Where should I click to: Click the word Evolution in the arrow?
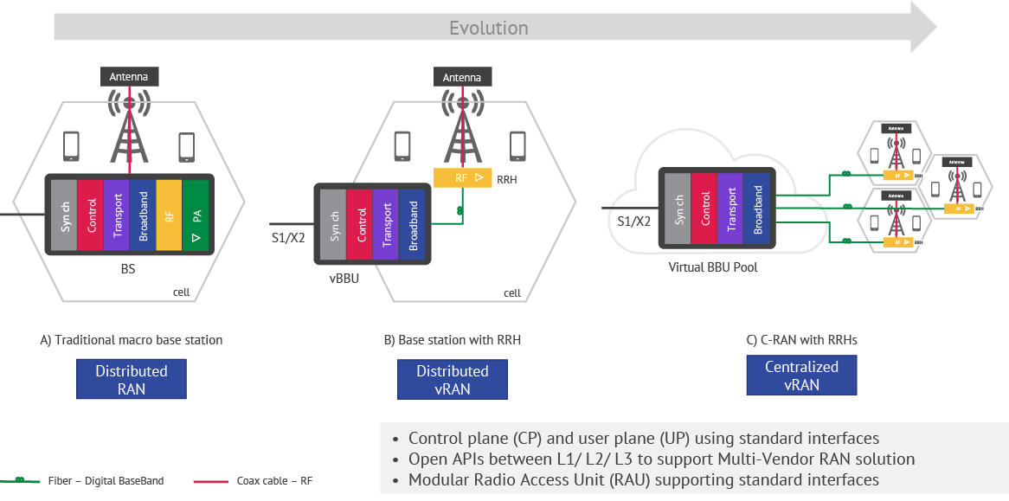pos(488,28)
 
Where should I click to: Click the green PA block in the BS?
pos(196,214)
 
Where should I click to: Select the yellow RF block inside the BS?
pos(169,214)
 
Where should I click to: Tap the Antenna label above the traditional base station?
pos(129,77)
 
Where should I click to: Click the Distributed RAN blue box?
pos(131,379)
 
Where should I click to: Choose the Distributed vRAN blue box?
pos(452,379)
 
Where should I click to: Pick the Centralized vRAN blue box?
pos(801,375)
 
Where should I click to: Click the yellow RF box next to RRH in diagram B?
pos(461,179)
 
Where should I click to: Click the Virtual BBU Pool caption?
pos(712,267)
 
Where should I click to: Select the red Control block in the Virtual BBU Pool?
pos(706,209)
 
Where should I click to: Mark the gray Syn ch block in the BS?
pos(64,214)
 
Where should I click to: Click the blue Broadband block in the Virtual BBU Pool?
pos(756,209)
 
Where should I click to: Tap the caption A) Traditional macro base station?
pos(131,340)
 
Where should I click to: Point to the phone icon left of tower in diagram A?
pos(73,147)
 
